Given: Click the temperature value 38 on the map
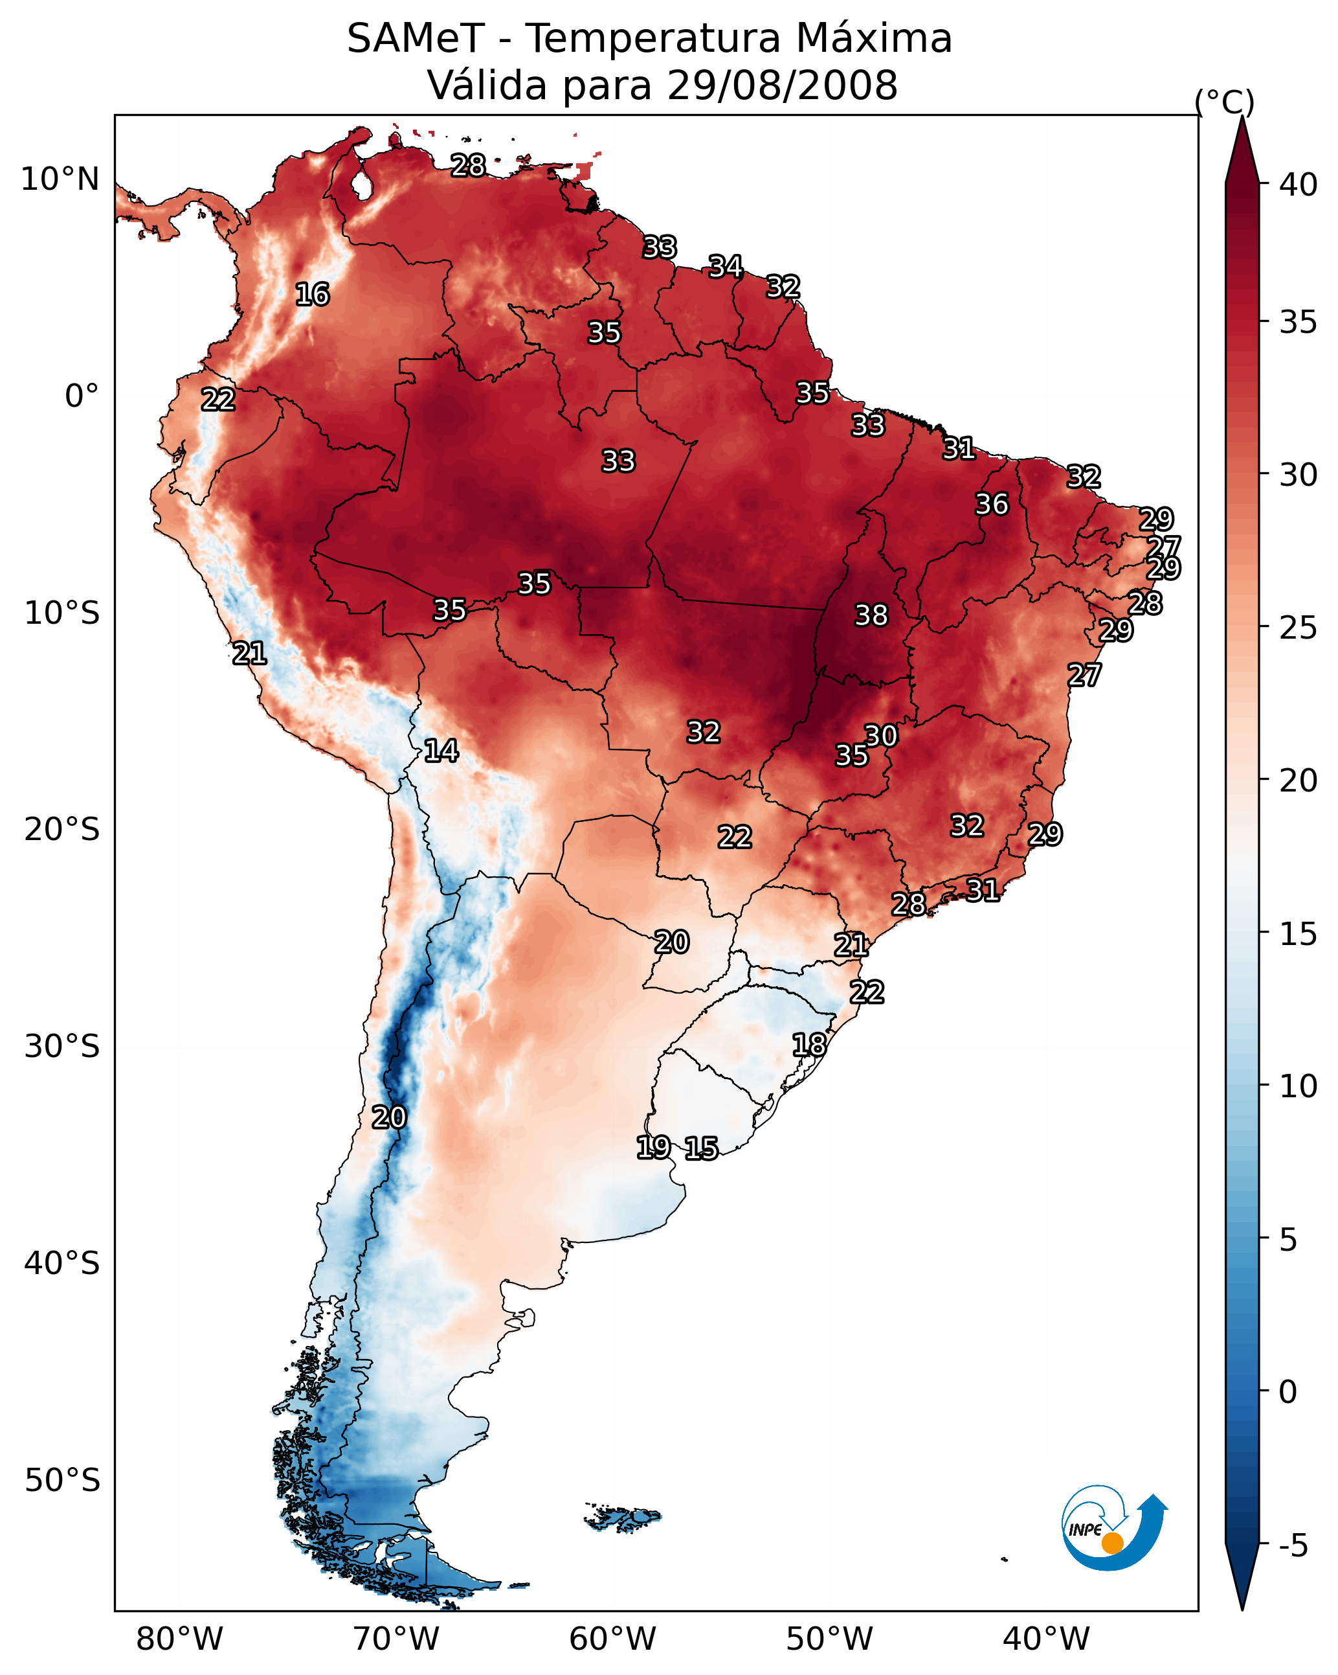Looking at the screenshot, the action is (x=871, y=615).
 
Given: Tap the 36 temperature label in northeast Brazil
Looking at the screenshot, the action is (x=992, y=504).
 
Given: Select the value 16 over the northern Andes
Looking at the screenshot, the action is (x=312, y=295).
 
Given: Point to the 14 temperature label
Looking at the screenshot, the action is (x=441, y=751).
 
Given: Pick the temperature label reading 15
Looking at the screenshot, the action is (x=701, y=1148).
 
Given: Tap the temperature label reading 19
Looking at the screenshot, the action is (x=653, y=1146).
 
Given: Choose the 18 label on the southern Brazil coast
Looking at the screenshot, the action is (x=809, y=1045).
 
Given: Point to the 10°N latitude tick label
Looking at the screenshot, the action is (x=60, y=179).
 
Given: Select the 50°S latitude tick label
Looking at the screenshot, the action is (x=62, y=1481).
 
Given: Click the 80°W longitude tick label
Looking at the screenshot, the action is (x=179, y=1639).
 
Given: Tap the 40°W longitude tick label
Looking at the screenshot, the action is (x=1046, y=1639).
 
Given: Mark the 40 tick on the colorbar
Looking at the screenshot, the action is (x=1299, y=185).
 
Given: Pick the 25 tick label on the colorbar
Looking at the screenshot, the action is (x=1299, y=627).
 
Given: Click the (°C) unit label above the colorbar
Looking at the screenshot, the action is (x=1225, y=102).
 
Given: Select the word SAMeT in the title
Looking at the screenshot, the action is (x=416, y=38).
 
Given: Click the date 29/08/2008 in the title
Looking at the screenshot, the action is (x=782, y=85).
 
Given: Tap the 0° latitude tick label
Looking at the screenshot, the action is (x=82, y=396).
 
